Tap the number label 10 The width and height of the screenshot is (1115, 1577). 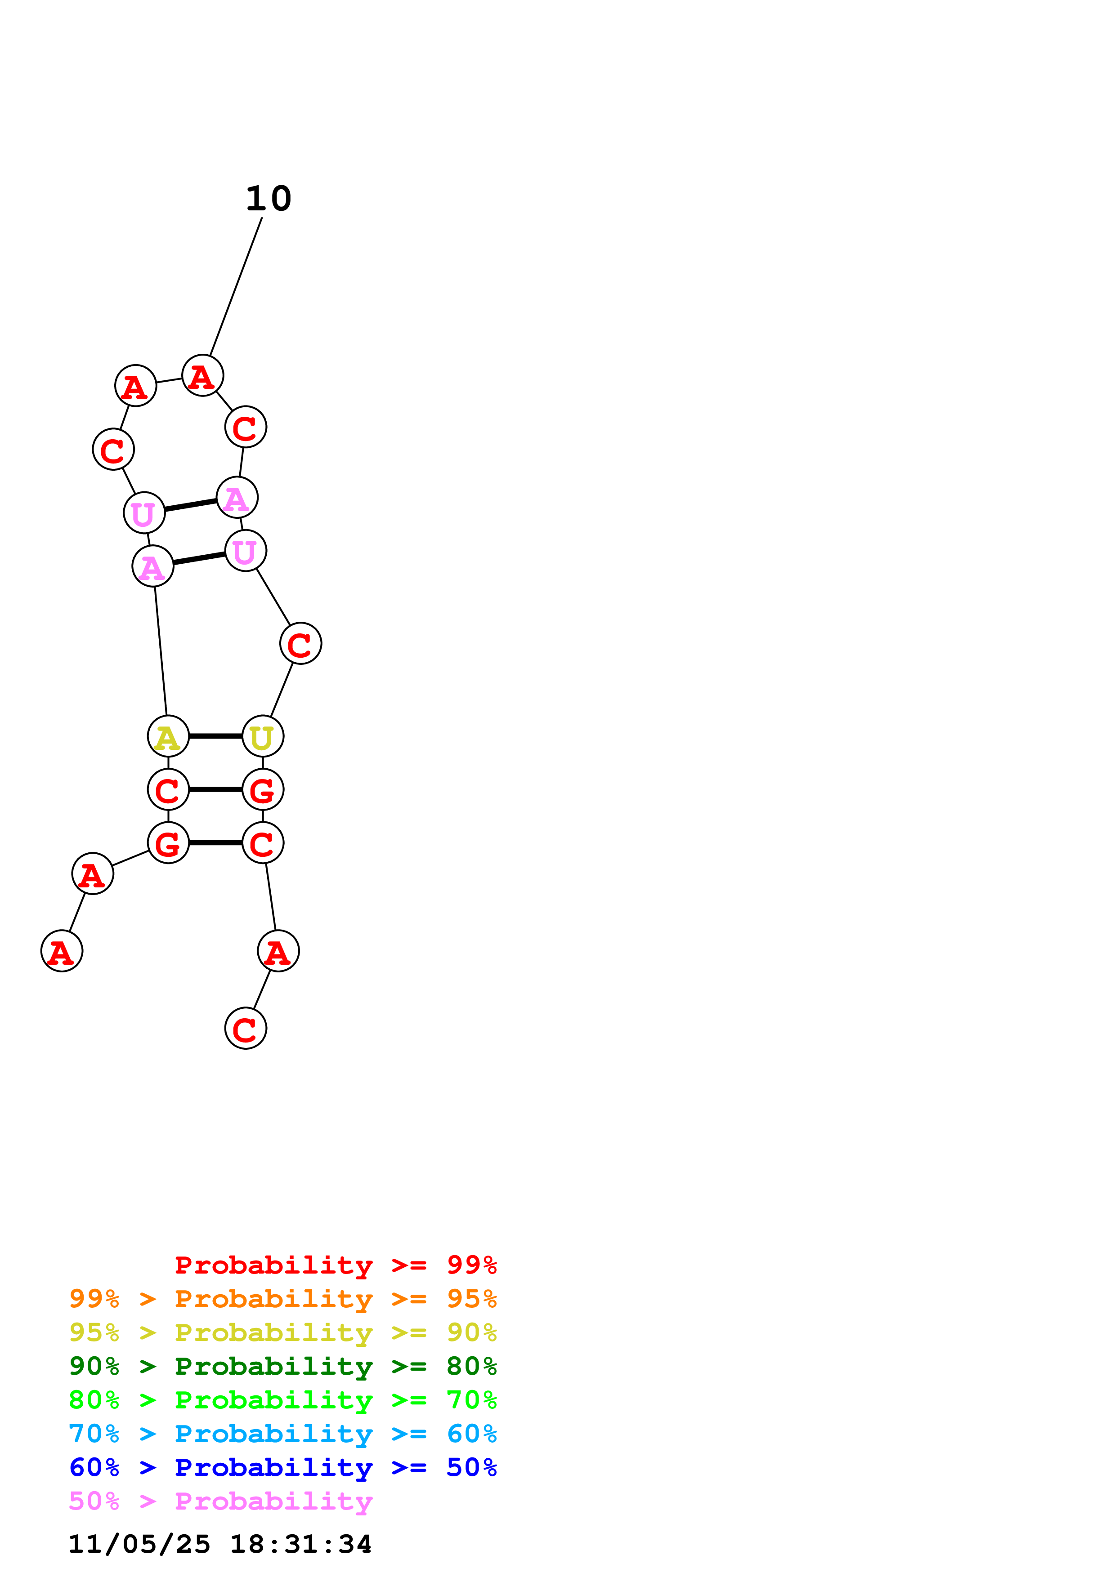pos(269,199)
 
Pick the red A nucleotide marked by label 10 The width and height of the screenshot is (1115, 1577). pos(202,376)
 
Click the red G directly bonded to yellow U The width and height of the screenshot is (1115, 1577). pos(262,789)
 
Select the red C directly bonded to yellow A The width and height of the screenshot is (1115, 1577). pos(168,789)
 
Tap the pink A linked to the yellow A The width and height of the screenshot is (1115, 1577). pos(152,566)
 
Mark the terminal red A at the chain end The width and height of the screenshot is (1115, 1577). pos(62,951)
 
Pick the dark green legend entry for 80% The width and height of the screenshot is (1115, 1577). pos(282,1366)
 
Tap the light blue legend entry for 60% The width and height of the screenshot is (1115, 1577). pos(282,1434)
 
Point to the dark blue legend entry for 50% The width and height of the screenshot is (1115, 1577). pos(282,1467)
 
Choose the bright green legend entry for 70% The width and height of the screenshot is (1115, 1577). pos(282,1400)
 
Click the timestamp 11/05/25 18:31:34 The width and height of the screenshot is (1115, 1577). pos(220,1544)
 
